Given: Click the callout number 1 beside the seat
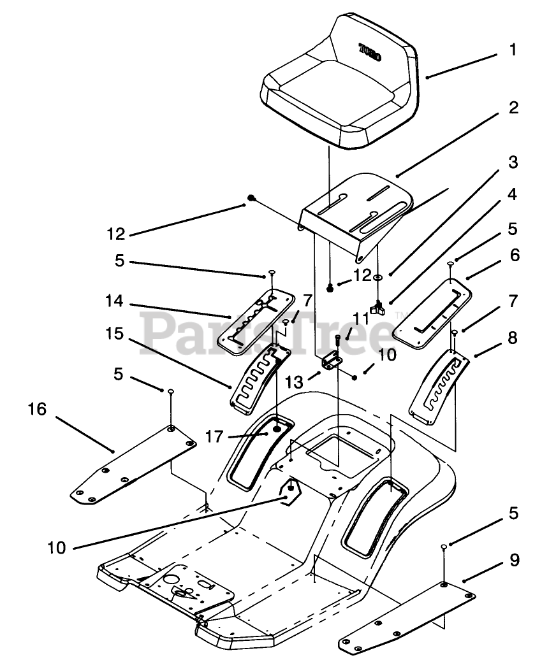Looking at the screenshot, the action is click(513, 50).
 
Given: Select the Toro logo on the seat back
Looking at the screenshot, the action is click(370, 52).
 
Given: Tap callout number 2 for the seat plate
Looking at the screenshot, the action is click(513, 108).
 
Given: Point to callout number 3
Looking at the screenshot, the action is click(513, 162).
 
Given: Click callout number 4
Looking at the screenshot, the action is click(513, 194).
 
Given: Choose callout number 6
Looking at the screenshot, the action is click(515, 255).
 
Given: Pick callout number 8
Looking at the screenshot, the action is click(513, 338).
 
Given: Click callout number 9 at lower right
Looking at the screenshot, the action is click(515, 560).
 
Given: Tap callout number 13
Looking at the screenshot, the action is click(295, 382).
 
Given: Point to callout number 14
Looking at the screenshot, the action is click(114, 301).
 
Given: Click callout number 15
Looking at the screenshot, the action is click(115, 334).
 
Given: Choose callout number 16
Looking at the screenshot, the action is click(37, 409).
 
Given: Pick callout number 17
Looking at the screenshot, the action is click(214, 436).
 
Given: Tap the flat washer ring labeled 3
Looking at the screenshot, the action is click(377, 277).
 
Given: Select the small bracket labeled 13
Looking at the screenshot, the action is click(332, 362).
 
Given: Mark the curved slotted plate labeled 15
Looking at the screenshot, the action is click(259, 378).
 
